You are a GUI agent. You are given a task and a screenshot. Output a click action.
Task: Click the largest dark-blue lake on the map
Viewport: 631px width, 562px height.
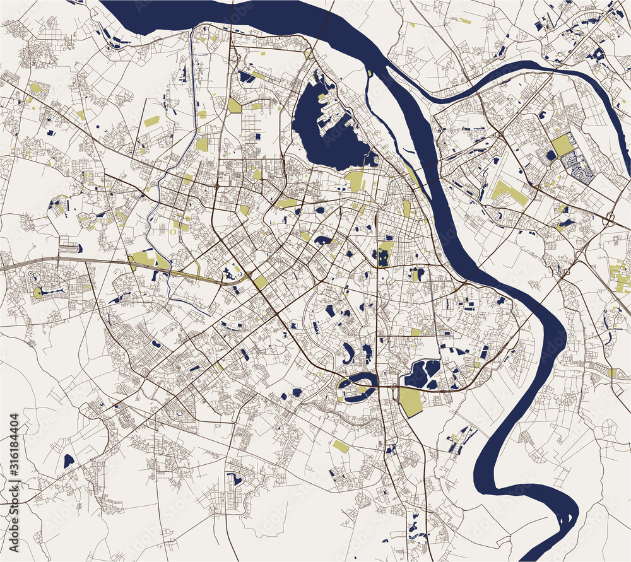(x=328, y=136)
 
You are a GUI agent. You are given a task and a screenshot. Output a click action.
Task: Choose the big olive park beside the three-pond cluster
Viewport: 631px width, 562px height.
(x=411, y=401)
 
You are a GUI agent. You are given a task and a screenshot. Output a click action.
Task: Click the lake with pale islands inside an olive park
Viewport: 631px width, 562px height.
(x=382, y=254)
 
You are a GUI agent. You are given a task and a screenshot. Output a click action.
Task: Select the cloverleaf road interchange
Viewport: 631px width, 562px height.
(x=610, y=220)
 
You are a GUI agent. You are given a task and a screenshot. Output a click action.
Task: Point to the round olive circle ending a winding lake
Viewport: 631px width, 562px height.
(x=38, y=292)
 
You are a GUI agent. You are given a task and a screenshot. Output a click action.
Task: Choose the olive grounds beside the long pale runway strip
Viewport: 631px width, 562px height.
(x=144, y=259)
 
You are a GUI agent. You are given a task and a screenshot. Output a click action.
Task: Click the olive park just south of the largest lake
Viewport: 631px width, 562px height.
(x=355, y=181)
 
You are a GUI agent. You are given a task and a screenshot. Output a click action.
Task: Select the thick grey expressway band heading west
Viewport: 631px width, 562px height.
(x=38, y=261)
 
